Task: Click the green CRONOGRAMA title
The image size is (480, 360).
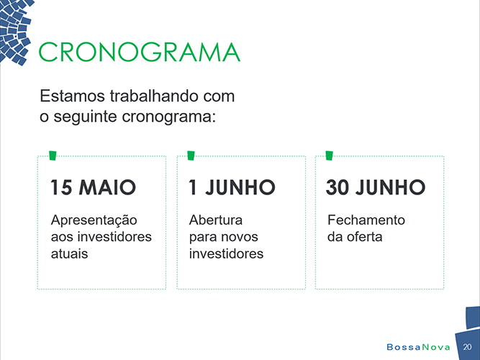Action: [x=140, y=52]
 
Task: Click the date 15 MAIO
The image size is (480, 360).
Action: [x=93, y=187]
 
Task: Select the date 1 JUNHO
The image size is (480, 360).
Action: [x=232, y=187]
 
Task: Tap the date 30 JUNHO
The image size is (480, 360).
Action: [x=376, y=187]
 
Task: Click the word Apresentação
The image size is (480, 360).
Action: [x=94, y=221]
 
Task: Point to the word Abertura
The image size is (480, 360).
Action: [x=216, y=220]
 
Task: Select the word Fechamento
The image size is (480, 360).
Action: [x=366, y=220]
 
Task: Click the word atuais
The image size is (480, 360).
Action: [x=70, y=253]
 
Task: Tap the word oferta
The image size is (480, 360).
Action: [x=365, y=237]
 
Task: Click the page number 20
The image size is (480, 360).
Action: [x=467, y=347]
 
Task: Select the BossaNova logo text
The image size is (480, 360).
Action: [x=418, y=347]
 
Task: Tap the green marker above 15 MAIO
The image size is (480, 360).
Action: [x=53, y=156]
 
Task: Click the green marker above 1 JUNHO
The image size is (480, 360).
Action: [x=191, y=156]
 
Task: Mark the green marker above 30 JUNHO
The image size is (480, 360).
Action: [x=330, y=156]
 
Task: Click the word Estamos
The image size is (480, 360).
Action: [x=73, y=96]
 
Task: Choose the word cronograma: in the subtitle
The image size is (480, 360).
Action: [x=168, y=117]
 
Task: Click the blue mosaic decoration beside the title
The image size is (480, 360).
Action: [x=14, y=31]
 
